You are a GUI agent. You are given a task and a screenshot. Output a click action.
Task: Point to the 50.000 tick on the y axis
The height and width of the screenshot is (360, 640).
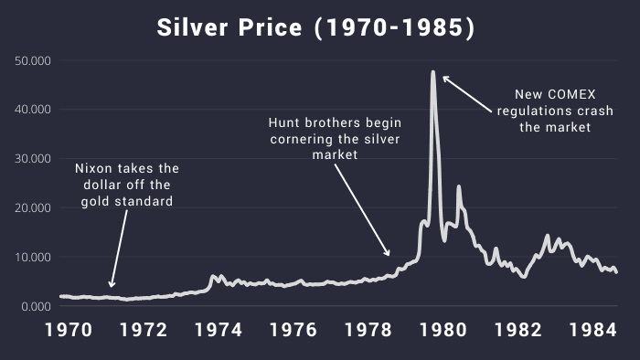(x=33, y=60)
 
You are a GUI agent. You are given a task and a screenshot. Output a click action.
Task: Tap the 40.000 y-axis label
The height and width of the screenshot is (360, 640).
(x=33, y=110)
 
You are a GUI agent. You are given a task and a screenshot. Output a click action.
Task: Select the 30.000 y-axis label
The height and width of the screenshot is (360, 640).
(x=33, y=159)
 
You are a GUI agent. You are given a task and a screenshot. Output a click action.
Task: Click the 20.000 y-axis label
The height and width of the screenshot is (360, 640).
(x=33, y=208)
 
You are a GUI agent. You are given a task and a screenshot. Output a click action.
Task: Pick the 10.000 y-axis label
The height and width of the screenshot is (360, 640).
(x=33, y=257)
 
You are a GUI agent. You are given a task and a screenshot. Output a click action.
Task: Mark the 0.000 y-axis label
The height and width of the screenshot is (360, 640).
(x=37, y=306)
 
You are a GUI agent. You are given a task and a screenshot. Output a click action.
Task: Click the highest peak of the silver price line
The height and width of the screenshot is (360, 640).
(x=432, y=71)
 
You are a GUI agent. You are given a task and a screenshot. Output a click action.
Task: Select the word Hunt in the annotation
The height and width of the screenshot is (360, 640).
(x=285, y=122)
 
